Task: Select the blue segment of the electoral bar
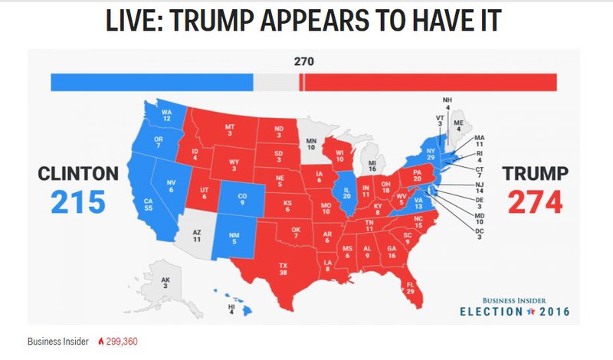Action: click(x=152, y=82)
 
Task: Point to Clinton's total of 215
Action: click(x=78, y=203)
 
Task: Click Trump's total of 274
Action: click(x=535, y=203)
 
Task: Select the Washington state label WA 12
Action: click(x=165, y=116)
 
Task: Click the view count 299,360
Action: click(x=123, y=342)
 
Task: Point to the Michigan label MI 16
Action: click(x=372, y=166)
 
